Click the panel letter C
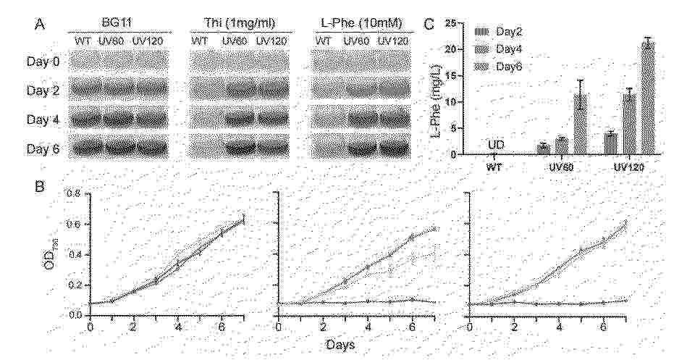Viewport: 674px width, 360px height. coord(429,24)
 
